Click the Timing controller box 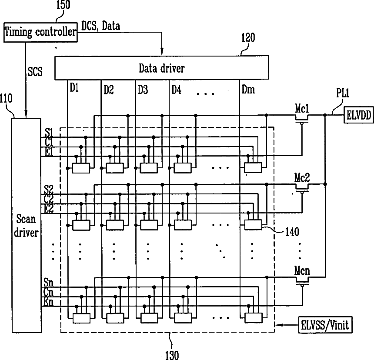[x=40, y=32]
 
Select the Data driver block [x=162, y=68]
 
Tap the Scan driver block [x=26, y=225]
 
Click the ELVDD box [x=358, y=115]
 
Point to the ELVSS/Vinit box [x=325, y=325]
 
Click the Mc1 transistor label [x=302, y=109]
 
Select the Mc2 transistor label [x=302, y=178]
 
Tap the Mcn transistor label [x=302, y=271]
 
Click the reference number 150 [x=63, y=5]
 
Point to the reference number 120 [x=248, y=38]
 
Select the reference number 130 [x=172, y=355]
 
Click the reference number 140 [x=292, y=232]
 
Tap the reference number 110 [x=6, y=98]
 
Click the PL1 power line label [x=343, y=93]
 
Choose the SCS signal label [x=35, y=72]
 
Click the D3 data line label [x=143, y=90]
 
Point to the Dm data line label [x=248, y=90]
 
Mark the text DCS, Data [x=100, y=26]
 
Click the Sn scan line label [x=48, y=283]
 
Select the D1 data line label [x=74, y=88]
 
